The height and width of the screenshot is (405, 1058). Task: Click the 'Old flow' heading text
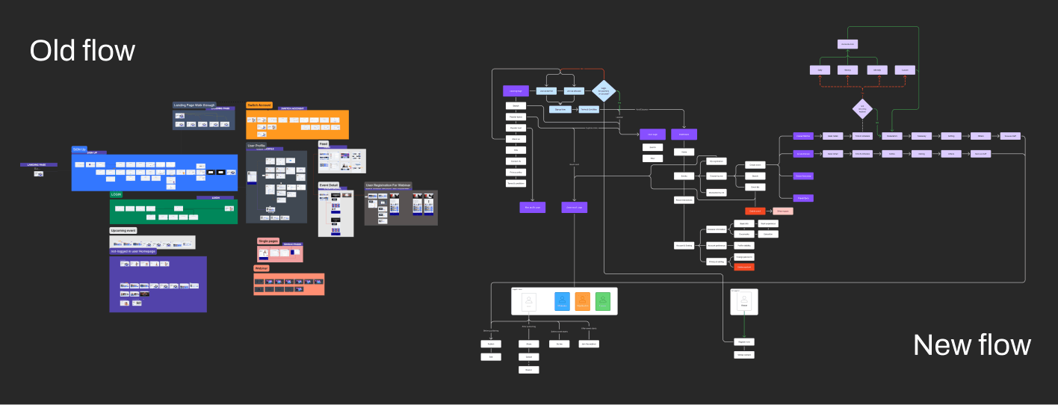pos(82,51)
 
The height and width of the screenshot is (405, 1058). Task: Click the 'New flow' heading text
pos(971,344)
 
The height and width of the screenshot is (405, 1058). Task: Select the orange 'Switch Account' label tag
pos(259,105)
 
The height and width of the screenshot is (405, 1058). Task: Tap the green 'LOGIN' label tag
pos(116,194)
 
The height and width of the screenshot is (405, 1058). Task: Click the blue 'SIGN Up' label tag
pos(80,149)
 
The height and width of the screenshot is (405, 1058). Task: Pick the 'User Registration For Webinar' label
pos(389,185)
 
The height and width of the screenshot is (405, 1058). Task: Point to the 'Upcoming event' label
pos(123,231)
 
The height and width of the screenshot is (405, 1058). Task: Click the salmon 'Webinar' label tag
pos(262,268)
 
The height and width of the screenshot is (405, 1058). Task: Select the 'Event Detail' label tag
pos(329,185)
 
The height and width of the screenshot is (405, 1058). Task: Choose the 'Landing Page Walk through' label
pos(194,105)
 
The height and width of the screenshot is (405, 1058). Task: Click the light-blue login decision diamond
pos(603,91)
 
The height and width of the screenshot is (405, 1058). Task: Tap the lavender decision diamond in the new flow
pos(862,108)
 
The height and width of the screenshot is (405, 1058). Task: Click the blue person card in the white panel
pos(562,301)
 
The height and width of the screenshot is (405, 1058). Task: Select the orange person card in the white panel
pos(583,301)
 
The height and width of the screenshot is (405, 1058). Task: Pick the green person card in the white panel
pos(604,301)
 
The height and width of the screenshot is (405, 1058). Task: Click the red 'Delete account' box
pos(743,267)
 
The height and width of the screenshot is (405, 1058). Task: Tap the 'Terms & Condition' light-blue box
pos(589,109)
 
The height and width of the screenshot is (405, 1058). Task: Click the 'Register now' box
pos(743,341)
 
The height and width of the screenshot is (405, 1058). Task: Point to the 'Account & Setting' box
pos(684,246)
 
